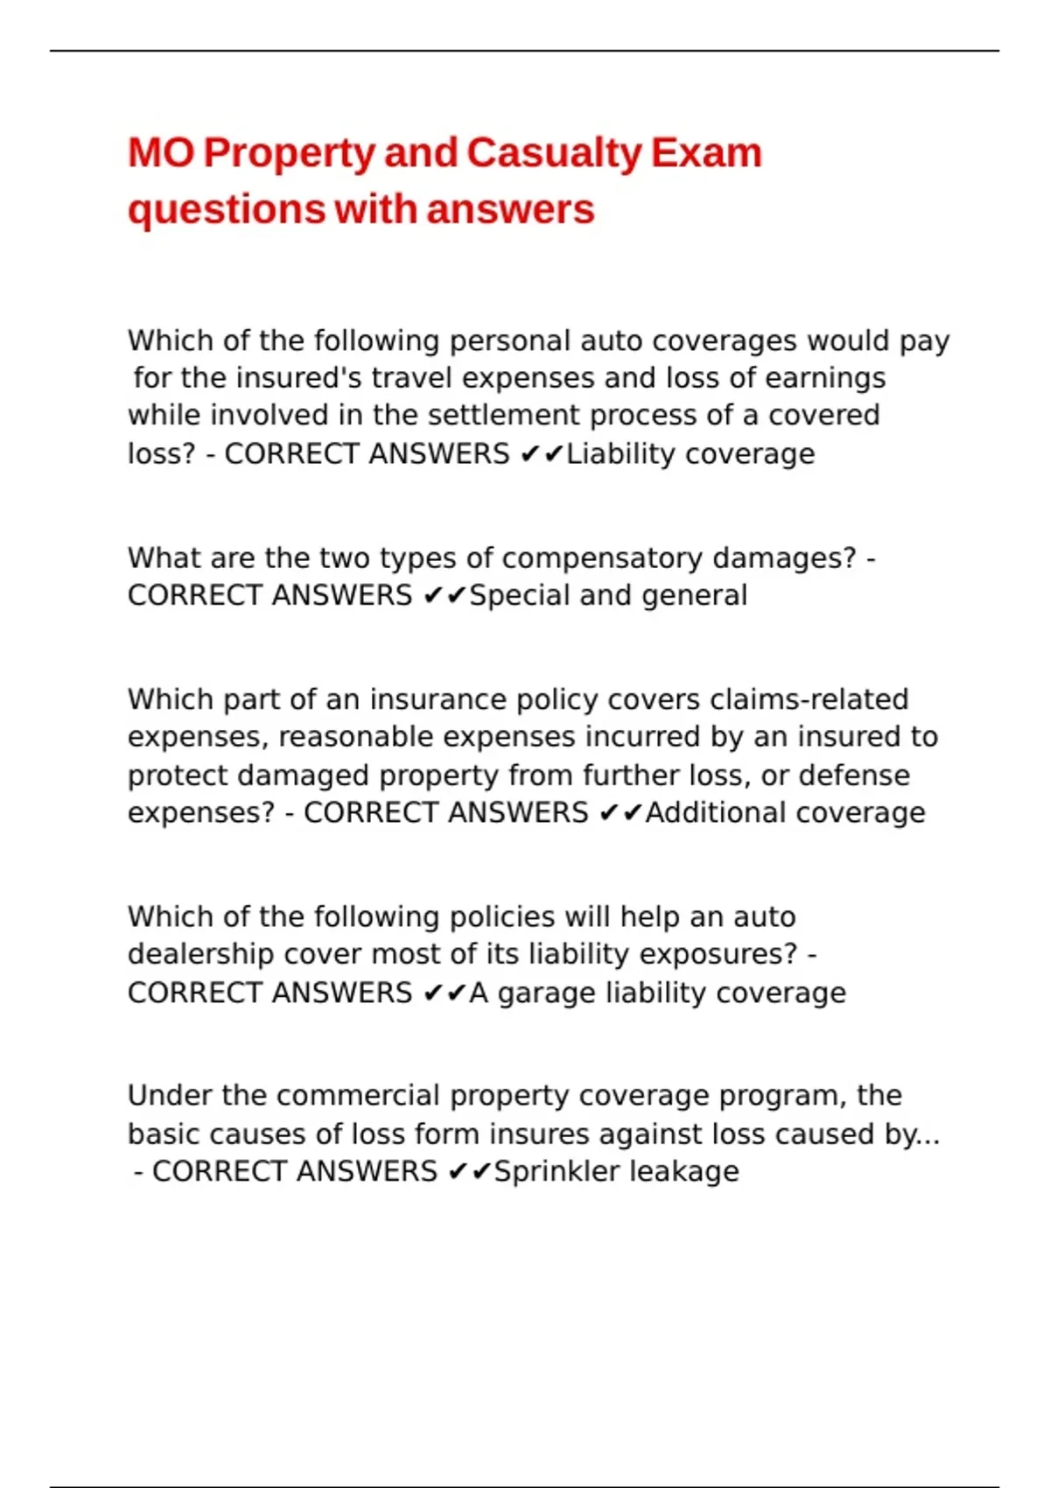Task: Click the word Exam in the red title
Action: click(706, 153)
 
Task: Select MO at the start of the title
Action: click(161, 153)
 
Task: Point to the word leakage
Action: click(684, 1172)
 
